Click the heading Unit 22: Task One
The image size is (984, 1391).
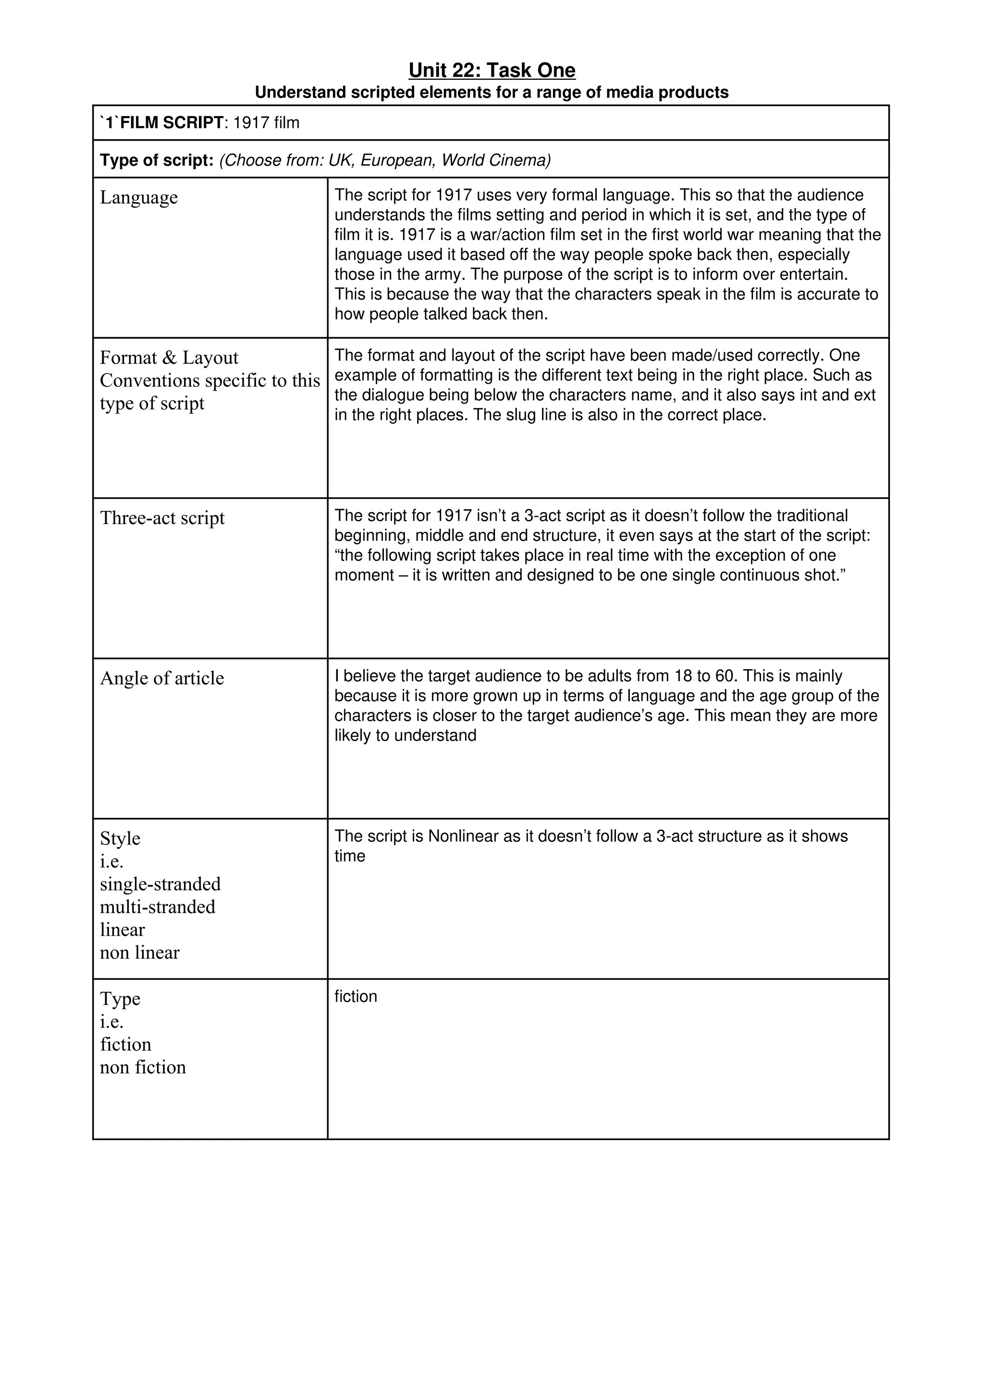pos(492,70)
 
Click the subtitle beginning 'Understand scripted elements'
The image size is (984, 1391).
pos(492,93)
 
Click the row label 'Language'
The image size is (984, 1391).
pos(139,197)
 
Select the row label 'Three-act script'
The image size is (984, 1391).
pos(162,518)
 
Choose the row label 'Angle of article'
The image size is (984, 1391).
pos(162,679)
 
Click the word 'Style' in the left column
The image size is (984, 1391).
pos(120,839)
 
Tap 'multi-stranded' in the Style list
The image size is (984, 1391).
pos(158,907)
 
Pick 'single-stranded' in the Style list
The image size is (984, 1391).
pos(160,885)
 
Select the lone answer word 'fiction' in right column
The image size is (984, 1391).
pos(356,997)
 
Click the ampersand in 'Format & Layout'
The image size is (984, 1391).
pos(169,358)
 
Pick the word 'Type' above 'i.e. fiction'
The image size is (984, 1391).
pos(120,999)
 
